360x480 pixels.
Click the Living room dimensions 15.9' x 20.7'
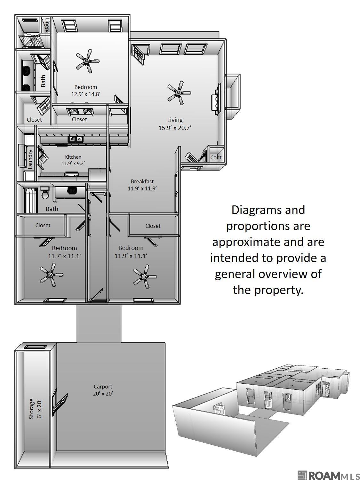click(175, 128)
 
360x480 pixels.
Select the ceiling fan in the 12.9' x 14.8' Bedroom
click(87, 60)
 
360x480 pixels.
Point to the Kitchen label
click(73, 157)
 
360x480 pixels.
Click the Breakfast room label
click(142, 181)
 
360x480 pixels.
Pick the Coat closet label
click(216, 157)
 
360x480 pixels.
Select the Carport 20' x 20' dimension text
click(103, 394)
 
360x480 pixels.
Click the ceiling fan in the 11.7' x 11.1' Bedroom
click(51, 275)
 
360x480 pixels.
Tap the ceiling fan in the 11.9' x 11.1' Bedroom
click(145, 276)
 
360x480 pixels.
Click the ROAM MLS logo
click(328, 475)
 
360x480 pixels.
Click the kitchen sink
click(76, 139)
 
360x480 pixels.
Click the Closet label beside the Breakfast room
click(153, 226)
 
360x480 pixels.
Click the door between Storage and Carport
click(60, 402)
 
